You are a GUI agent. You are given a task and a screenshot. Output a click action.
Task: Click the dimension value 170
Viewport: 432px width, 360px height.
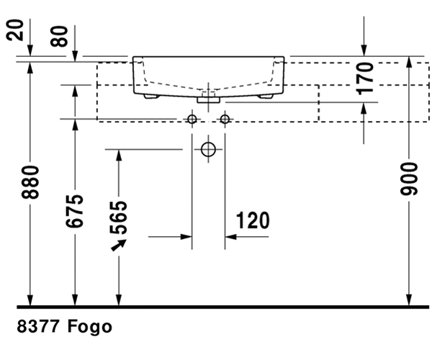pyautogui.click(x=365, y=78)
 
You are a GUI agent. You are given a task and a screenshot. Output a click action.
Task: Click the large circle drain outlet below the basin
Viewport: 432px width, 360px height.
pyautogui.click(x=208, y=150)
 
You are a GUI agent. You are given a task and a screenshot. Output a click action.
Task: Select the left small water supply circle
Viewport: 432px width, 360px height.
pyautogui.click(x=192, y=119)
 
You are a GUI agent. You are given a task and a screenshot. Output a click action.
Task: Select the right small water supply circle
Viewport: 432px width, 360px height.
pyautogui.click(x=225, y=119)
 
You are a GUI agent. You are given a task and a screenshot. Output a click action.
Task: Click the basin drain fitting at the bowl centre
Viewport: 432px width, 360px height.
pyautogui.click(x=209, y=94)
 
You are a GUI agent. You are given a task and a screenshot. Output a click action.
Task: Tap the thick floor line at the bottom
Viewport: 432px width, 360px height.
pyautogui.click(x=216, y=307)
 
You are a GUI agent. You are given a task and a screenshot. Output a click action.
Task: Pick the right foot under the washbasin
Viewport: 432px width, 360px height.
pyautogui.click(x=265, y=95)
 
